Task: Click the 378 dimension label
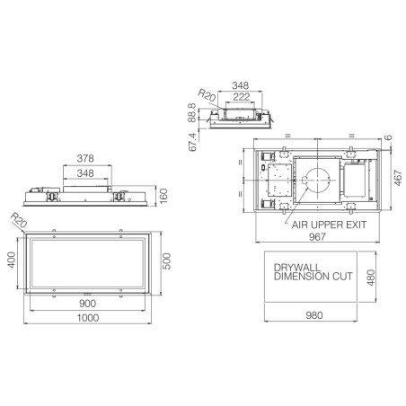point(85,158)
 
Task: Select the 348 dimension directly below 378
point(85,173)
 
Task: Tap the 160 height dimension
point(163,196)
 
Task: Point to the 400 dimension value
point(12,260)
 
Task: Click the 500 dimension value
point(166,261)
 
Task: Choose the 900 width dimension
point(87,304)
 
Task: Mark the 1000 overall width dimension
point(88,318)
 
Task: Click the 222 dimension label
point(242,97)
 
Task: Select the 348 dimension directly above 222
point(241,85)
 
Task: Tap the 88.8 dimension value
point(192,112)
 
